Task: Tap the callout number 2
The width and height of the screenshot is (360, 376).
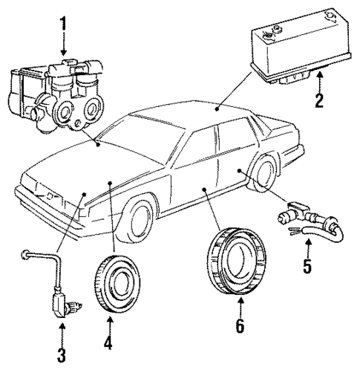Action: [x=319, y=100]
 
